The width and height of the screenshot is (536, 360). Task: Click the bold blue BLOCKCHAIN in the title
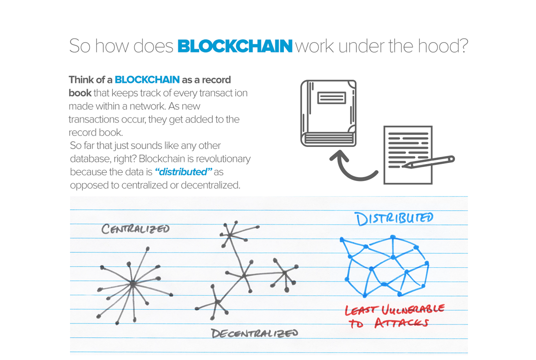point(235,46)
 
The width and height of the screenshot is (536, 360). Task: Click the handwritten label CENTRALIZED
point(135,229)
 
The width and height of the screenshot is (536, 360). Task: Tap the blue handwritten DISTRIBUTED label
point(394,219)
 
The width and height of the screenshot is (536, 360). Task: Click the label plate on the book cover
point(331,98)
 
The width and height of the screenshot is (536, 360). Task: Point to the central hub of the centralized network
point(133,284)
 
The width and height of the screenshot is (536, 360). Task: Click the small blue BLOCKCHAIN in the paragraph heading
point(147,80)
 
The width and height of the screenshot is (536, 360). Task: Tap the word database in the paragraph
point(88,159)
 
